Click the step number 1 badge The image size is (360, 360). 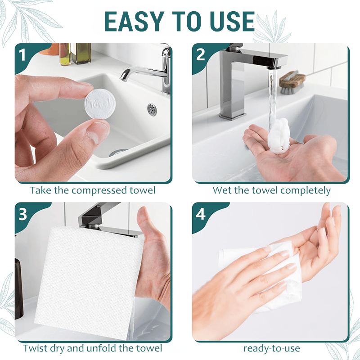[x=22, y=54]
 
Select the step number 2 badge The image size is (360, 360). [x=201, y=54]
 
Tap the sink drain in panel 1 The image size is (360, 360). [x=152, y=108]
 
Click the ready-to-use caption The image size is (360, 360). [x=271, y=348]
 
